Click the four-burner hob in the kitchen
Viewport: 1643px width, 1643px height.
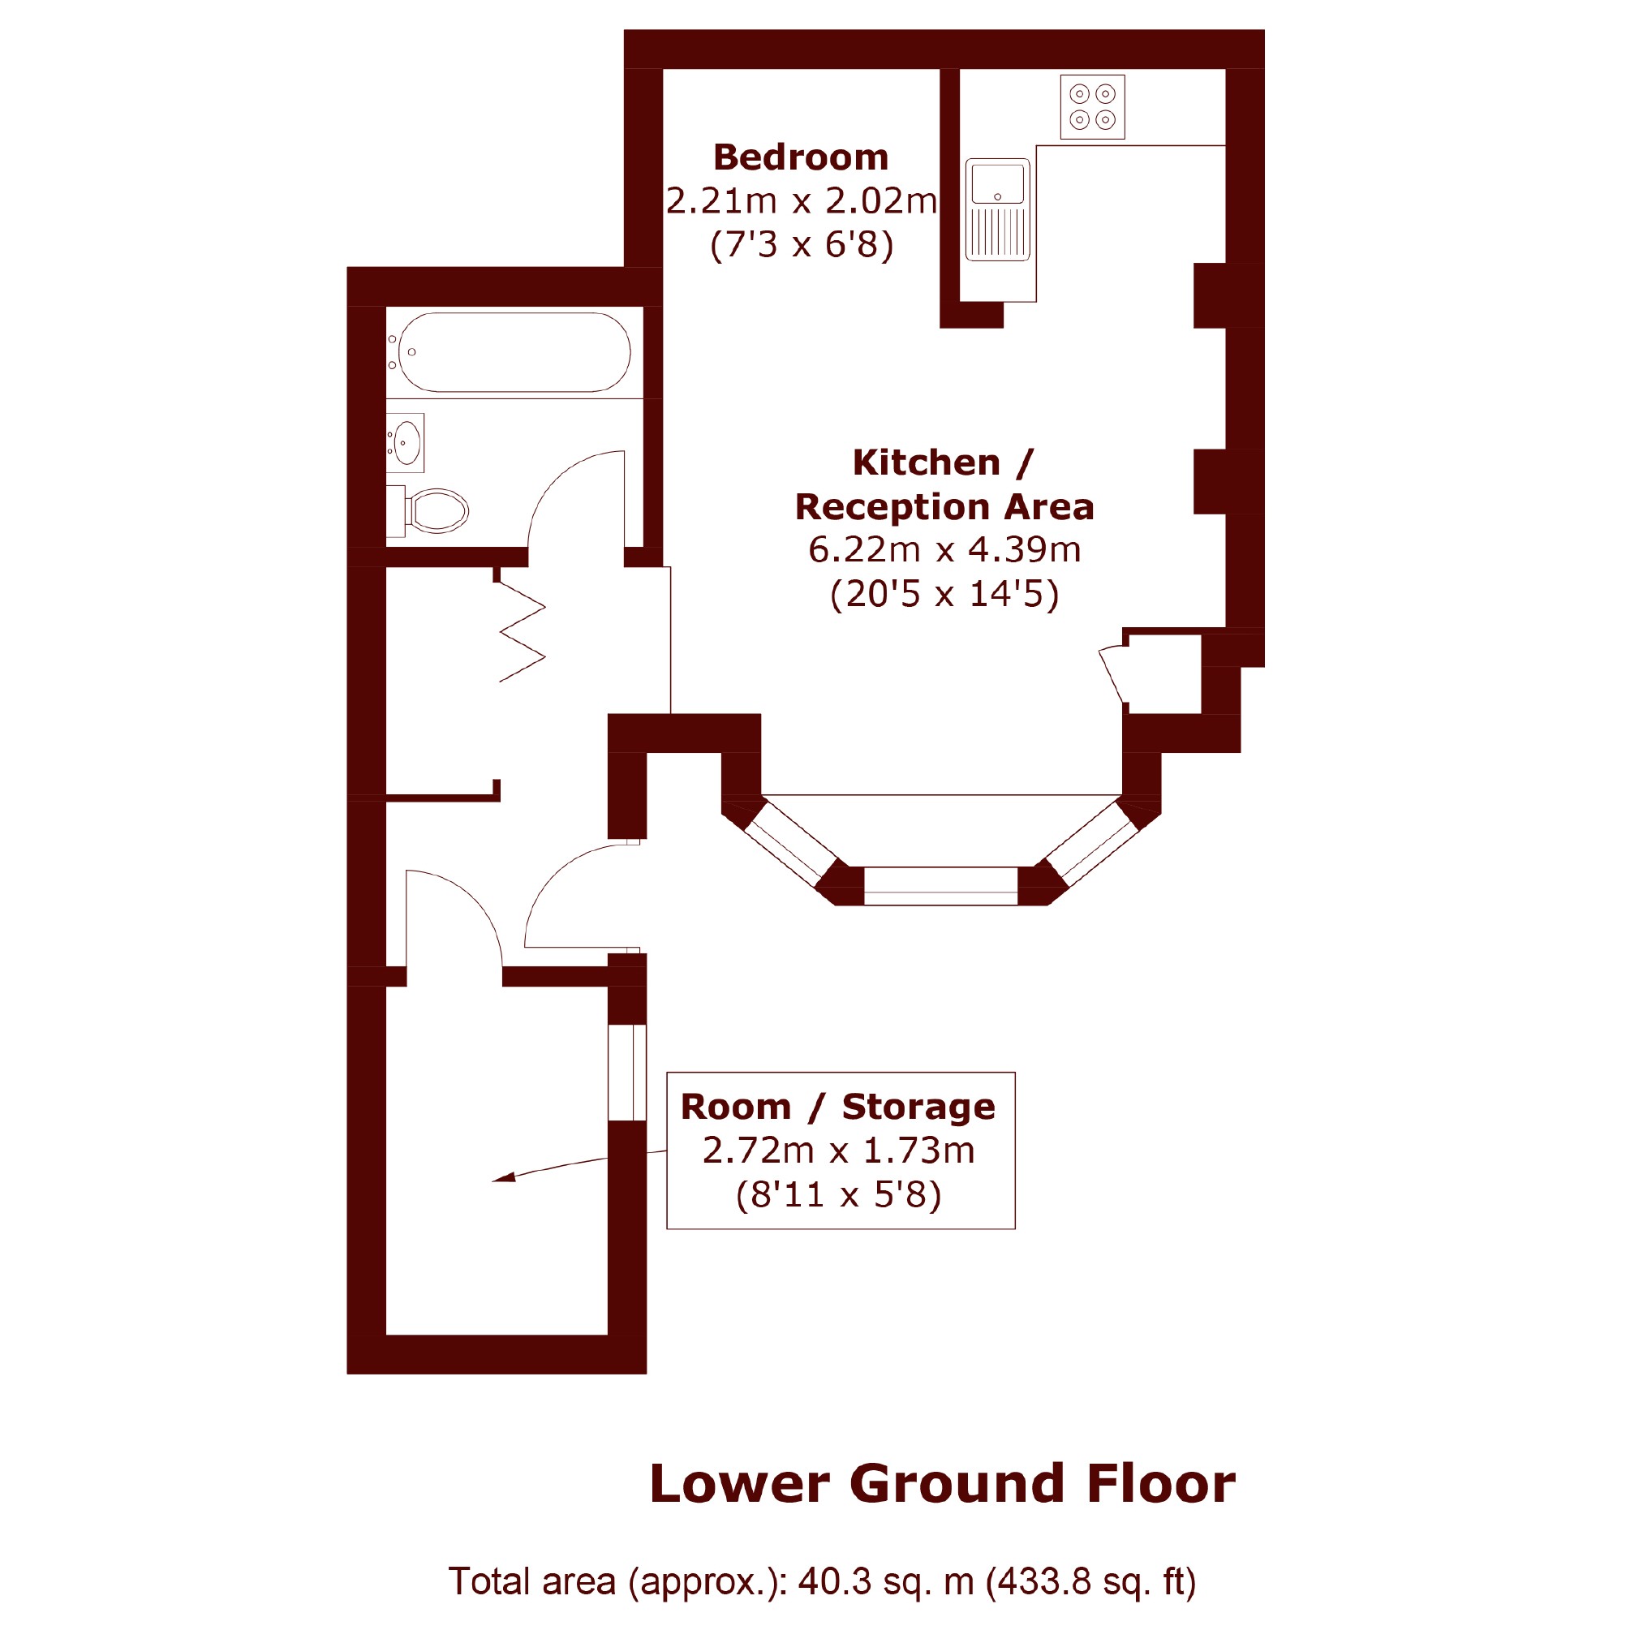(1092, 107)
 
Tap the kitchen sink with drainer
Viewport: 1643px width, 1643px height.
(997, 210)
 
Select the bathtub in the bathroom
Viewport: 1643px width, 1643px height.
(514, 352)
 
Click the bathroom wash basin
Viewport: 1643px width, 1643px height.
(405, 443)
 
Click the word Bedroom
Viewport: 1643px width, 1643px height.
(801, 157)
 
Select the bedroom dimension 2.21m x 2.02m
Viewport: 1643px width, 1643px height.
(801, 201)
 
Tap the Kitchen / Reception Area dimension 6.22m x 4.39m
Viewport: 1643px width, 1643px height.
(944, 549)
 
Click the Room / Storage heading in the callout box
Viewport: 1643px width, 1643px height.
(837, 1107)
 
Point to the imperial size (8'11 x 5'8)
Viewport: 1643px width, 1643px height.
(838, 1194)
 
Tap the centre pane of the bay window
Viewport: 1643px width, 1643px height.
(940, 886)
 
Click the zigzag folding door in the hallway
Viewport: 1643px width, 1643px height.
(520, 631)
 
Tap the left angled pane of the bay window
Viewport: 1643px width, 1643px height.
(791, 843)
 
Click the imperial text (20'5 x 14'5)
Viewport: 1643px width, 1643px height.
(944, 594)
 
